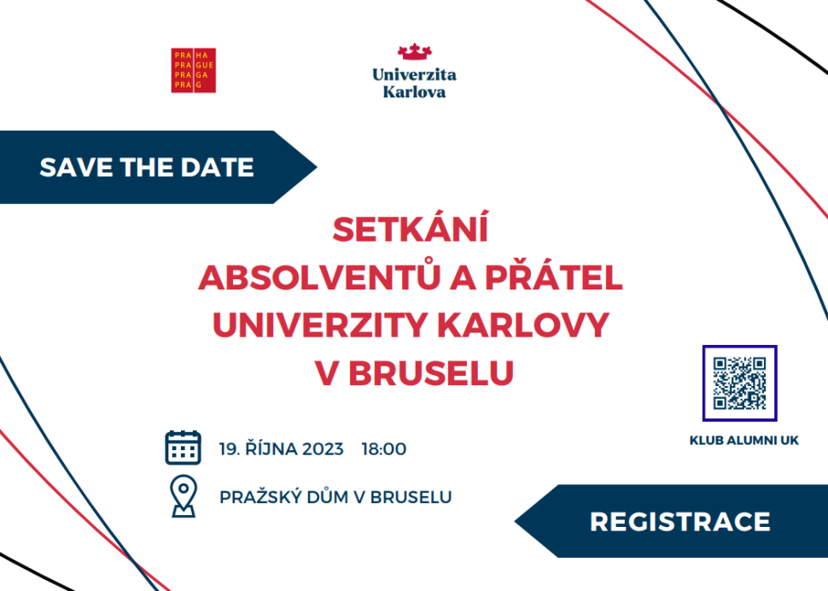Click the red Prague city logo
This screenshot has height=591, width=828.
(193, 70)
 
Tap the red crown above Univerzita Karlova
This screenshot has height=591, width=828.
(415, 51)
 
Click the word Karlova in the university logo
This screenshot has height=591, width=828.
(415, 92)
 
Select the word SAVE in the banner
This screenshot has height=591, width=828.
(76, 167)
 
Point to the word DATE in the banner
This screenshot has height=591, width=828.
(217, 167)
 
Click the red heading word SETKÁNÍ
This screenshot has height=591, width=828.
(411, 228)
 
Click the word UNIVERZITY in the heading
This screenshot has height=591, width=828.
(319, 325)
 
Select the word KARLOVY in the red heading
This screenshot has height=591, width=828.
(524, 325)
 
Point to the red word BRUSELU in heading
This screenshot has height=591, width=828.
(431, 373)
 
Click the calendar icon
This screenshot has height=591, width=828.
(183, 448)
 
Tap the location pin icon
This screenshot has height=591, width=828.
(184, 496)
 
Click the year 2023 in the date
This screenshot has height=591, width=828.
(324, 449)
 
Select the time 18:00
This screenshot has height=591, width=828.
(384, 449)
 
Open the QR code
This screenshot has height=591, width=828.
(739, 383)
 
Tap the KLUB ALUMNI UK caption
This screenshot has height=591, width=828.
(744, 441)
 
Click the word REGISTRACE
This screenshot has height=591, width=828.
(680, 522)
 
